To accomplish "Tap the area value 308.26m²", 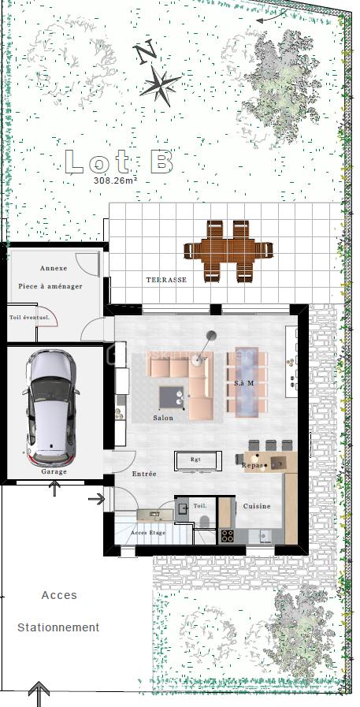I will tap(115, 180).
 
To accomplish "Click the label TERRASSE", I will tap(166, 280).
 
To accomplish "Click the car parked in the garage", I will tap(51, 407).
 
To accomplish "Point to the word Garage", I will tap(54, 471).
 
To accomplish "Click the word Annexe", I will tap(54, 268).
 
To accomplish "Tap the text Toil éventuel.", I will tap(30, 318).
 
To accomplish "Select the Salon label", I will tap(163, 418).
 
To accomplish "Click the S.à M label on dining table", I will tap(244, 383).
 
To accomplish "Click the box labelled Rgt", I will tap(195, 460).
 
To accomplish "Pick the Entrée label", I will tap(144, 474).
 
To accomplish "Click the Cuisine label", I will tap(257, 506).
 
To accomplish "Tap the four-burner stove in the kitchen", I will tap(227, 536).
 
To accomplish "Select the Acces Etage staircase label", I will tap(148, 533).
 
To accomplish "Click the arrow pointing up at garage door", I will tap(54, 489).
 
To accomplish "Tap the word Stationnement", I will tap(58, 627).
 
